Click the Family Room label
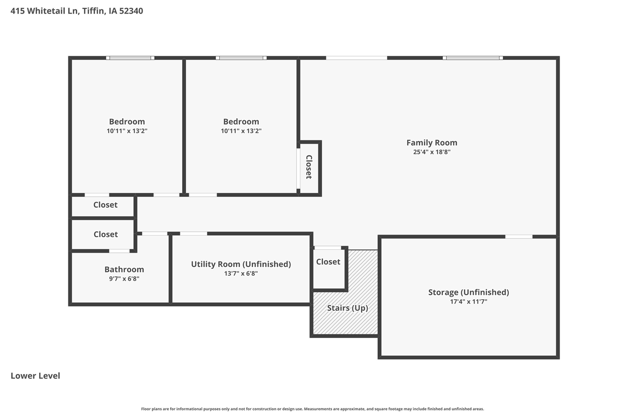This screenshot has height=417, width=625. click(x=432, y=143)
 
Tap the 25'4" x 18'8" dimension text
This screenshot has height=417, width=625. click(x=432, y=152)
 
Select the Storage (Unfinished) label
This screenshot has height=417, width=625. click(x=468, y=292)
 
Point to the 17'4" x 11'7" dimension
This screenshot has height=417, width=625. click(x=468, y=302)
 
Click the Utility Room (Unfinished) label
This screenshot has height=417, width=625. click(x=241, y=264)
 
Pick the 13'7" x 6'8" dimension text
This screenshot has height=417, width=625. click(x=241, y=273)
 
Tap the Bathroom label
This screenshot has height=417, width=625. click(x=124, y=269)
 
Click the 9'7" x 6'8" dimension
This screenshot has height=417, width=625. click(x=124, y=279)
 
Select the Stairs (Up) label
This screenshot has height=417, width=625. click(x=347, y=308)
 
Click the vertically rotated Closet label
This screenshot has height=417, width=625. click(x=309, y=167)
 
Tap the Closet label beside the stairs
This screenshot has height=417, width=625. click(x=328, y=262)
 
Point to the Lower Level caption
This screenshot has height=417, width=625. click(x=35, y=375)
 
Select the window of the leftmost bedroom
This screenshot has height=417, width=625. click(x=130, y=58)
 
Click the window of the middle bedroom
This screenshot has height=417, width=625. click(x=241, y=58)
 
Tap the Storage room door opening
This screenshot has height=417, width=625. click(x=519, y=237)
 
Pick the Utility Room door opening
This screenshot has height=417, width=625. click(x=193, y=234)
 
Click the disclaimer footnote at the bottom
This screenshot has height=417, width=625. click(x=312, y=409)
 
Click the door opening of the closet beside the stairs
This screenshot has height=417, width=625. click(x=328, y=248)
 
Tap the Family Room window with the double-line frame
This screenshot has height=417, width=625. click(x=473, y=58)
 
